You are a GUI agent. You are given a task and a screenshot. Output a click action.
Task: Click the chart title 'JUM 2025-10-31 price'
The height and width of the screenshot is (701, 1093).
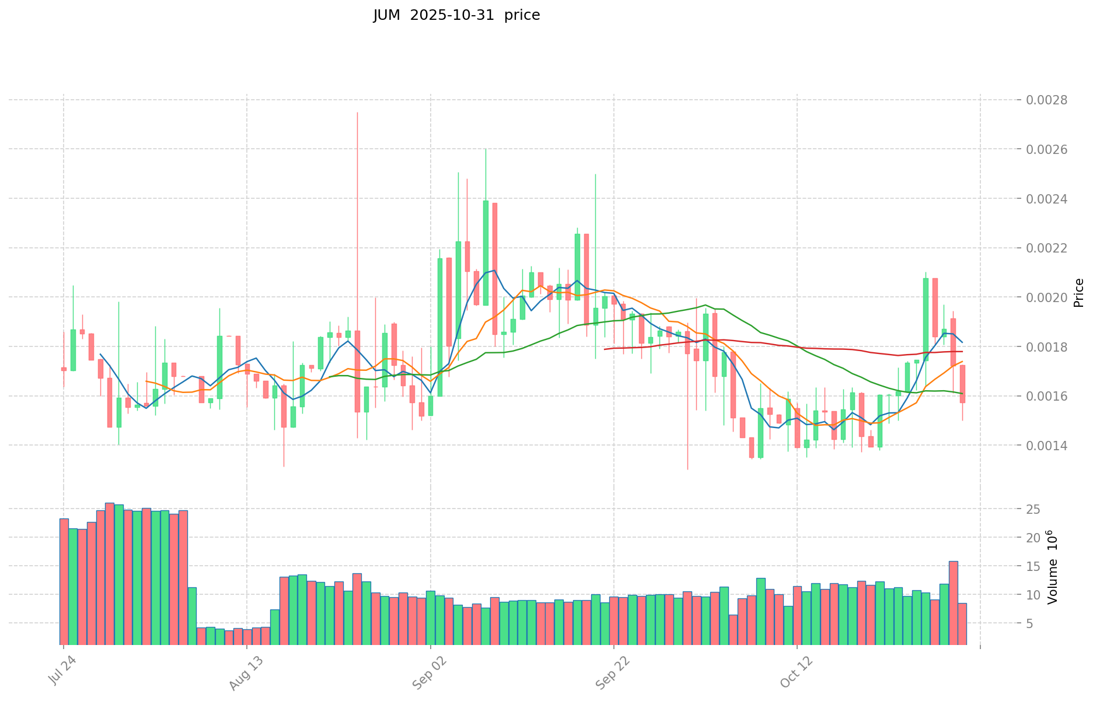tap(456, 15)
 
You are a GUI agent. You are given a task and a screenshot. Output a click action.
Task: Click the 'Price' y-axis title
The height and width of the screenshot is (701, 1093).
tap(1078, 293)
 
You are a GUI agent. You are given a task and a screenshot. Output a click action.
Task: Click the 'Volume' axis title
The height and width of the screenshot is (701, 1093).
tap(1052, 567)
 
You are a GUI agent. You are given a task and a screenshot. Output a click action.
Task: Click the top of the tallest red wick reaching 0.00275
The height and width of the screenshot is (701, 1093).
tap(357, 113)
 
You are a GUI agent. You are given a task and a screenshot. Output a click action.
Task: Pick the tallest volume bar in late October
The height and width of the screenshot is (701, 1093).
tap(953, 602)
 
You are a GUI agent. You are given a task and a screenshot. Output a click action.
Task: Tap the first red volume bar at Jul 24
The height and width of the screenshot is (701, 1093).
tap(64, 581)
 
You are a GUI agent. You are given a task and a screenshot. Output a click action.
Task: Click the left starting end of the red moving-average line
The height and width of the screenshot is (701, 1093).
tap(604, 349)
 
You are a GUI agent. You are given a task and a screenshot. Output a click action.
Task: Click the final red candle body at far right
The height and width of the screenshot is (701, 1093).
tap(962, 384)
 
